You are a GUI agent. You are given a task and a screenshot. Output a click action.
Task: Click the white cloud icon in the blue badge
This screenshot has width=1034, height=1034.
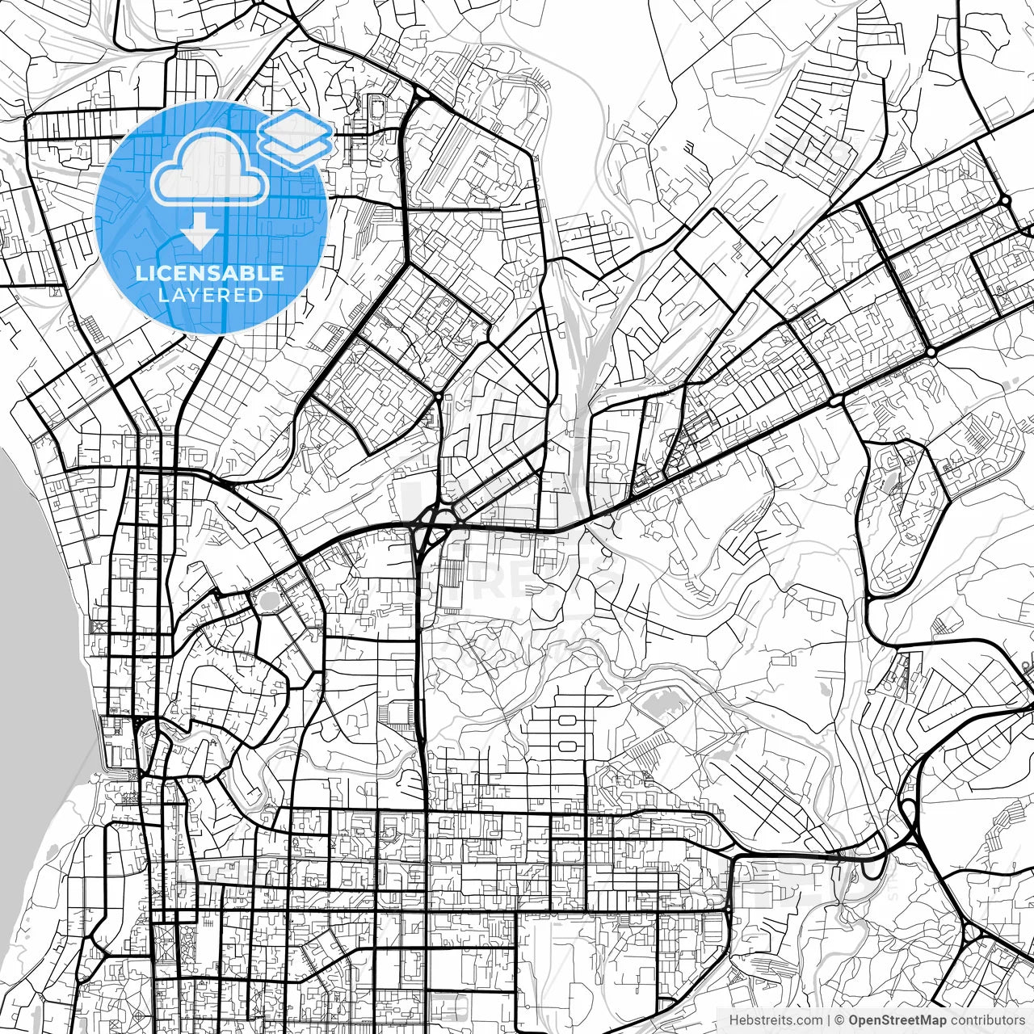[210, 168]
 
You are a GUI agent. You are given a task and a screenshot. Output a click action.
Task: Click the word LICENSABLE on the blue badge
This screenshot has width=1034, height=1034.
[210, 273]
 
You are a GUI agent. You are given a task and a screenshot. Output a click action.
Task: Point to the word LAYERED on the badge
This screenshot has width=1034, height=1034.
[210, 295]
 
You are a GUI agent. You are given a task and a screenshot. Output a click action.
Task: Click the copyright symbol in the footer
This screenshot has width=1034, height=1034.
[839, 1020]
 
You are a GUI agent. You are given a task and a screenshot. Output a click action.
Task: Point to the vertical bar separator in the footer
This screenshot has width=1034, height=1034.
[829, 1020]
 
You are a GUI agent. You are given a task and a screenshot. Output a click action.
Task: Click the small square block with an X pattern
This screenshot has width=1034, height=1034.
[99, 626]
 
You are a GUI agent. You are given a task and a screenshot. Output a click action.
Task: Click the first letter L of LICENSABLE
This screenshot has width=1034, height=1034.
[141, 273]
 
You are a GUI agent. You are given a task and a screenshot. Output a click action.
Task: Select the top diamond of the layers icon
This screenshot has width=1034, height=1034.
[296, 125]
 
